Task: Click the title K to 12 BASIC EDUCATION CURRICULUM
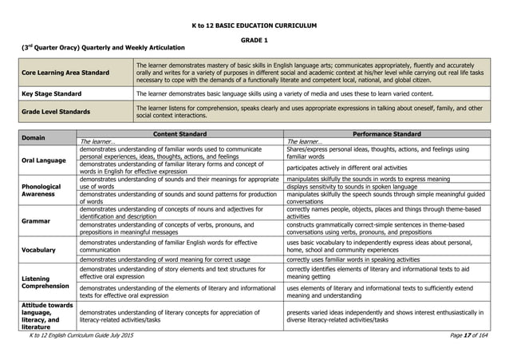coord(254,26)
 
